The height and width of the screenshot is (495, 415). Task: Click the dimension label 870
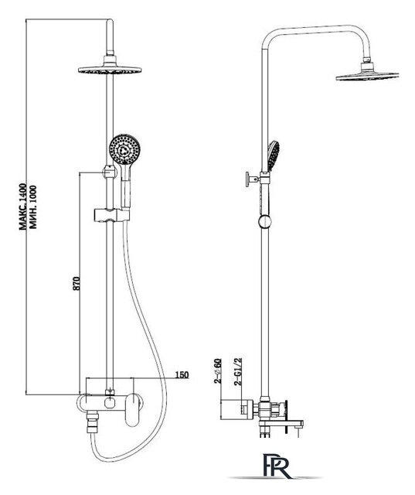(x=77, y=283)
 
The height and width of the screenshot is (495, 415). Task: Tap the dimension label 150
(x=182, y=374)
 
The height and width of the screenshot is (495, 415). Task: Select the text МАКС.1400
(x=23, y=207)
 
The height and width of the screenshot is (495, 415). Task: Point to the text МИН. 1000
(x=32, y=207)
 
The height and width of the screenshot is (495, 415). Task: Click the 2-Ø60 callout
(x=218, y=371)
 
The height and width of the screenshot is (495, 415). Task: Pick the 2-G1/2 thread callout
(x=238, y=371)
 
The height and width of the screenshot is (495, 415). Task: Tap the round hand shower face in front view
(x=124, y=149)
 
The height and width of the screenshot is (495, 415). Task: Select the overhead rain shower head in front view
(x=110, y=67)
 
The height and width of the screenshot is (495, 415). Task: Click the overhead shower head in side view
(x=367, y=73)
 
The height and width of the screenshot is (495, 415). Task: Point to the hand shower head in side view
(x=273, y=156)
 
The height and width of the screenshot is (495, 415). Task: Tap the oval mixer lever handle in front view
(x=133, y=409)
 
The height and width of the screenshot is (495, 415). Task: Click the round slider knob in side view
(x=265, y=221)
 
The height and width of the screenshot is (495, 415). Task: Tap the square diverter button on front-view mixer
(x=110, y=403)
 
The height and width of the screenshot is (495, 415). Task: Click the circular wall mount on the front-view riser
(x=110, y=172)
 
